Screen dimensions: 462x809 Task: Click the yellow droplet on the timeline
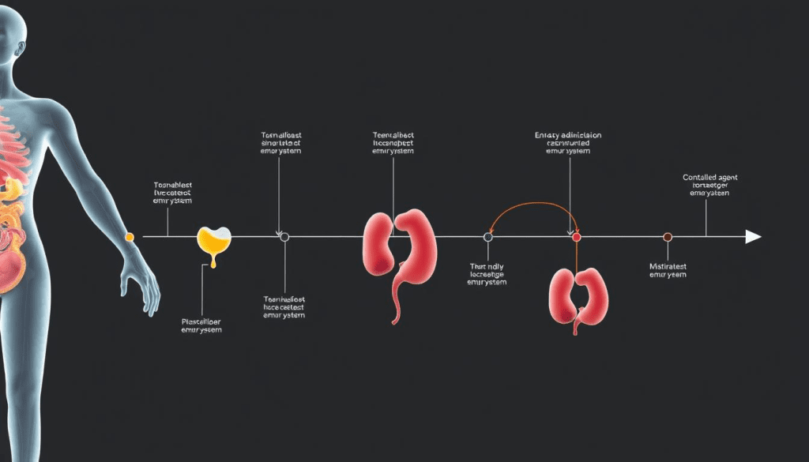click(x=213, y=241)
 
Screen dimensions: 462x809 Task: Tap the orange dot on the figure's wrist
click(x=130, y=236)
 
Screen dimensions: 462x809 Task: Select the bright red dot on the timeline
click(x=576, y=237)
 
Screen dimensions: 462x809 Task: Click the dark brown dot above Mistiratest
click(x=668, y=237)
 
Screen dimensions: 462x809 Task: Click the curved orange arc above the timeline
click(x=532, y=207)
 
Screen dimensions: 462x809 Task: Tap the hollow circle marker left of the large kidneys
click(x=284, y=236)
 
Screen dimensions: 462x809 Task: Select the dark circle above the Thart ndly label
click(x=487, y=237)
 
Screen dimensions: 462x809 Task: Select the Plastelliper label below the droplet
click(x=201, y=321)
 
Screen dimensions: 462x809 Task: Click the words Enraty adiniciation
click(x=568, y=136)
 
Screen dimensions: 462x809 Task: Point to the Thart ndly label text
click(x=487, y=267)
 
